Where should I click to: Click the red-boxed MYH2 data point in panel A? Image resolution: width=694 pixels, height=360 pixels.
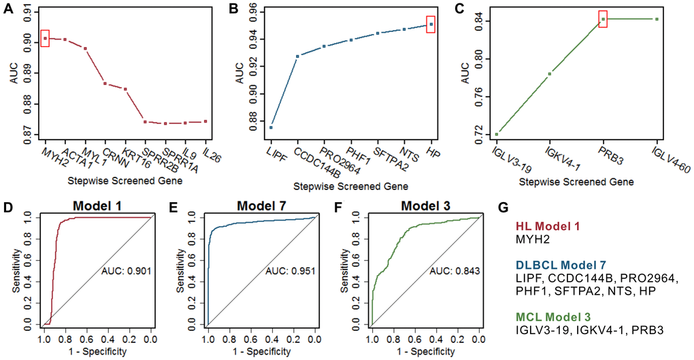point(45,38)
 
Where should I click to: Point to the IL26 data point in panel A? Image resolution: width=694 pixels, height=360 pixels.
point(205,122)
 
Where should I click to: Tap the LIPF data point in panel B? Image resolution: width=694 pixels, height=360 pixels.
point(270,127)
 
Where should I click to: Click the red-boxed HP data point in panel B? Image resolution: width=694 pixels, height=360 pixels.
point(430,24)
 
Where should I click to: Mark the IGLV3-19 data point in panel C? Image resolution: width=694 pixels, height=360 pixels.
point(497,134)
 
